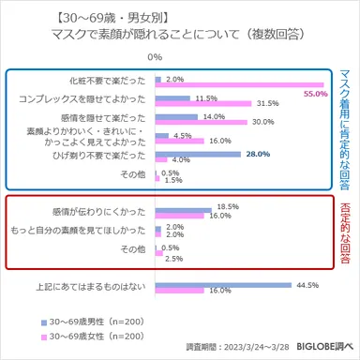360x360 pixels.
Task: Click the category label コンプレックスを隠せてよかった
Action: tap(82, 99)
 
